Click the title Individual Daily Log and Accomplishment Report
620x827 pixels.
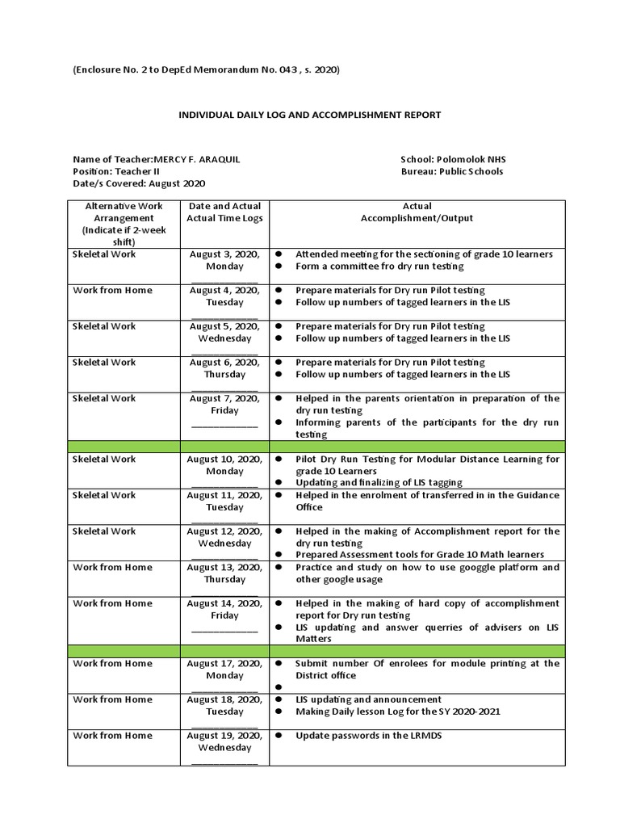tap(309, 115)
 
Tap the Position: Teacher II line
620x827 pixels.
tap(116, 171)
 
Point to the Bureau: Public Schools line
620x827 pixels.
tap(451, 171)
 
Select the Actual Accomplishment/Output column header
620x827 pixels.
tap(417, 212)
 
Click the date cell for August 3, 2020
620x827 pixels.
tap(224, 260)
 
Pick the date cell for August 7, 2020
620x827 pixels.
tap(224, 405)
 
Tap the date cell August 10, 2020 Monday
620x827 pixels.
tap(224, 465)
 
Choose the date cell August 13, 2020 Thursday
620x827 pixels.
tap(224, 573)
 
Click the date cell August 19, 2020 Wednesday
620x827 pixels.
tap(224, 741)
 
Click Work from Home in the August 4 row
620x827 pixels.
tap(112, 290)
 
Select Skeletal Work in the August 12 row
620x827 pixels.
tap(104, 531)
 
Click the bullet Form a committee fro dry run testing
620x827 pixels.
tap(379, 266)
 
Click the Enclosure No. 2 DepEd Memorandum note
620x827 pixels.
tap(206, 70)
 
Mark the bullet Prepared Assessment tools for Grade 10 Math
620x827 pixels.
tap(419, 554)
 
